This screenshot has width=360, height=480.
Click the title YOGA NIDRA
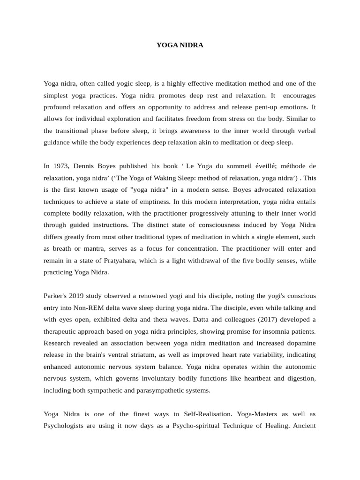tap(180, 45)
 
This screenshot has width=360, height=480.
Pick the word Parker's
tap(56, 296)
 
